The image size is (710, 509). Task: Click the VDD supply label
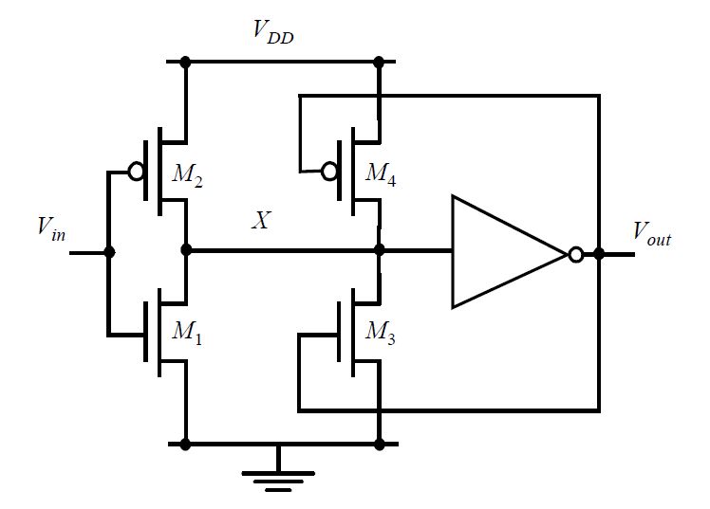(x=273, y=31)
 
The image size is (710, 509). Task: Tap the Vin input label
(x=51, y=227)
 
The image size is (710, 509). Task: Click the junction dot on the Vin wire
(x=108, y=252)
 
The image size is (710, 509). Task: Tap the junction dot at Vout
(x=599, y=253)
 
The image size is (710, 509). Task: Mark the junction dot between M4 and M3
(x=379, y=251)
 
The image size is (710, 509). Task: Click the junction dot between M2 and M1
(x=185, y=251)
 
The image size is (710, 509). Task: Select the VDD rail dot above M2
(x=185, y=63)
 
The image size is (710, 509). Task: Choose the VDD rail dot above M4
(x=379, y=63)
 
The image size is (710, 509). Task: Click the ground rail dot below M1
(x=185, y=443)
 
